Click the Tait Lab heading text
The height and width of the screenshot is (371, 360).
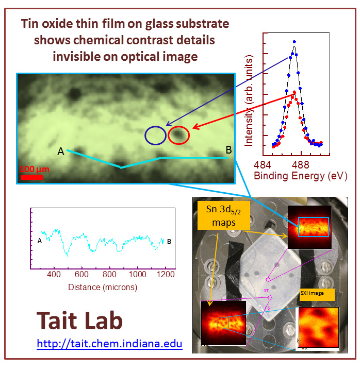point(79,321)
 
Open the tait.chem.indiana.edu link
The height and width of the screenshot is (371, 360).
point(109,343)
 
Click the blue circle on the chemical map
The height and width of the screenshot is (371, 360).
point(155,136)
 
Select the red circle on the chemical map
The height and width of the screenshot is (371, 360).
point(178,136)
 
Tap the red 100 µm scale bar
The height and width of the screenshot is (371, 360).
point(31,177)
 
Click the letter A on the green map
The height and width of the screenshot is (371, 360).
point(61,151)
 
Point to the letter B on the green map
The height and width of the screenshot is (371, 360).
point(228,150)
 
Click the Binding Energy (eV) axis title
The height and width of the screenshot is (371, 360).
point(301,176)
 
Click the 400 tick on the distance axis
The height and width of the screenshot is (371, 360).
point(54,275)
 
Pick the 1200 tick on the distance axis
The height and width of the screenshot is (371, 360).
point(165,275)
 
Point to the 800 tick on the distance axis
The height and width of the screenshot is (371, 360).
point(110,275)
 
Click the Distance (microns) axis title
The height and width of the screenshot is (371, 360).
point(103,286)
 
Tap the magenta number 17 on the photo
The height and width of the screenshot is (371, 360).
point(267,291)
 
